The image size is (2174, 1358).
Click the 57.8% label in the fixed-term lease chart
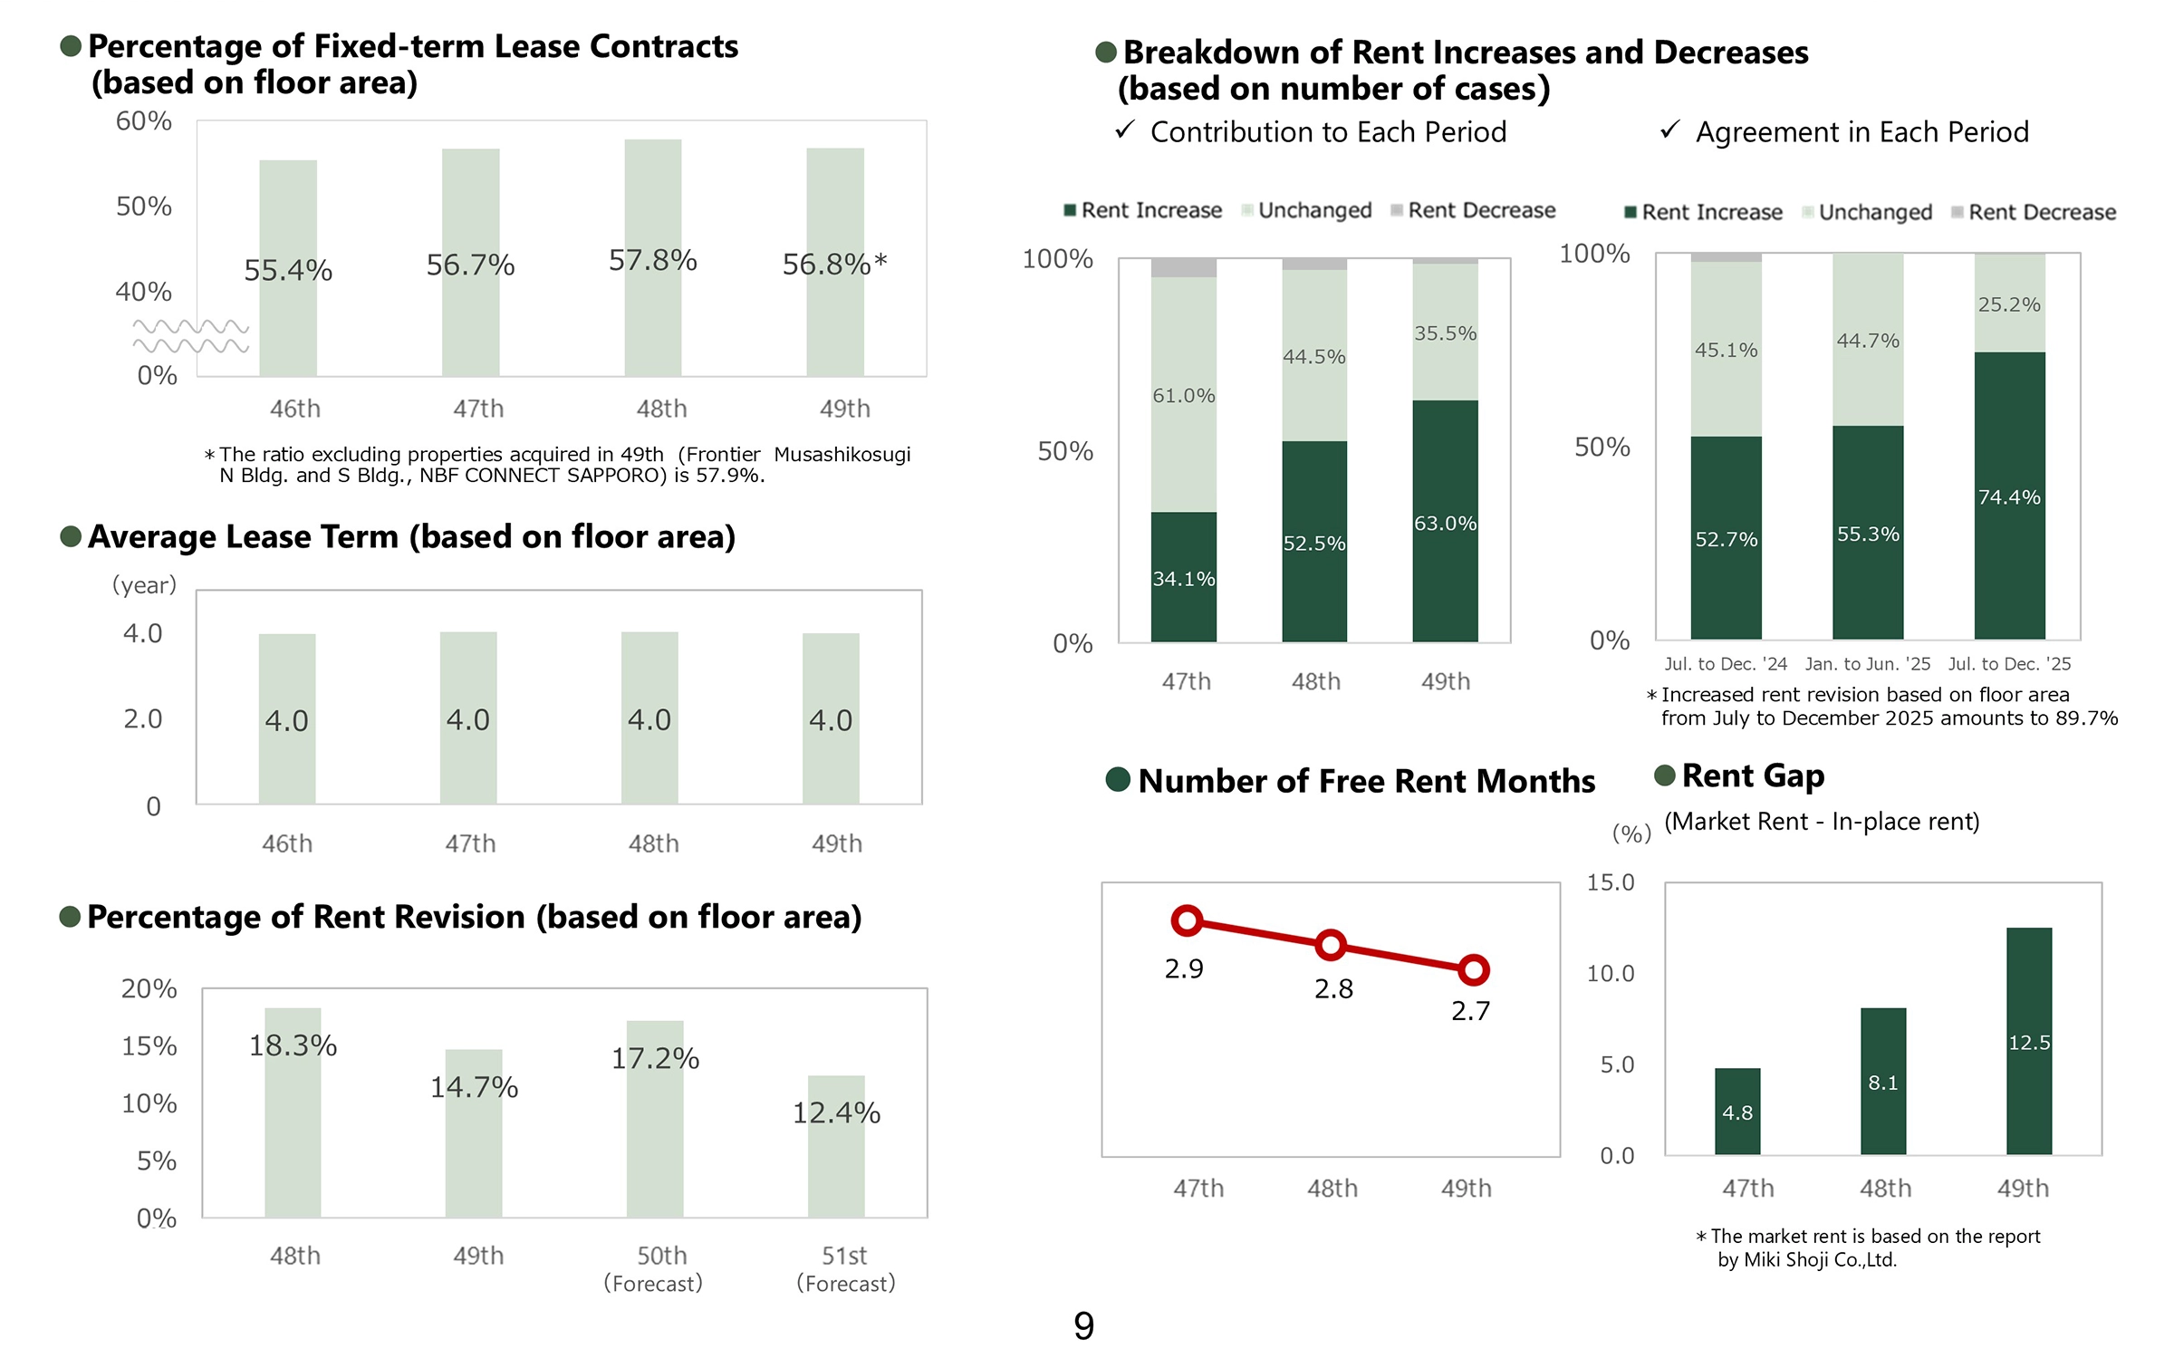pos(652,261)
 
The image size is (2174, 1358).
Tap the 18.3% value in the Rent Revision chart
pos(293,1045)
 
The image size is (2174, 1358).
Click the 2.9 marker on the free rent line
pos(1187,921)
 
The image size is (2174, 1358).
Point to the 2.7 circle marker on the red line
pos(1474,970)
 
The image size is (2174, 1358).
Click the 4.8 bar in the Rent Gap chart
pos(1737,1112)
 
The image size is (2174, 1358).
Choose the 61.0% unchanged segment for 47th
pos(1184,395)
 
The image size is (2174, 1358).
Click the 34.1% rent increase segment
pos(1184,577)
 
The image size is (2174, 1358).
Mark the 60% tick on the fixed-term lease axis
pos(143,120)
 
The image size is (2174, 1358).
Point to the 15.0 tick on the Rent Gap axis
pos(1611,882)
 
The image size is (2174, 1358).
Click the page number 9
pos(1084,1325)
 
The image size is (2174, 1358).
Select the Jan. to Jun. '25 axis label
pos(1867,664)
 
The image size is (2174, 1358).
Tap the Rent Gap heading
pos(1753,775)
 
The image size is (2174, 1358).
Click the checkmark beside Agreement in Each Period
pos(1670,130)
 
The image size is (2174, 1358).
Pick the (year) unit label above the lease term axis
pos(144,585)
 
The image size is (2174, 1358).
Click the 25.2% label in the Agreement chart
pos(2009,304)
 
